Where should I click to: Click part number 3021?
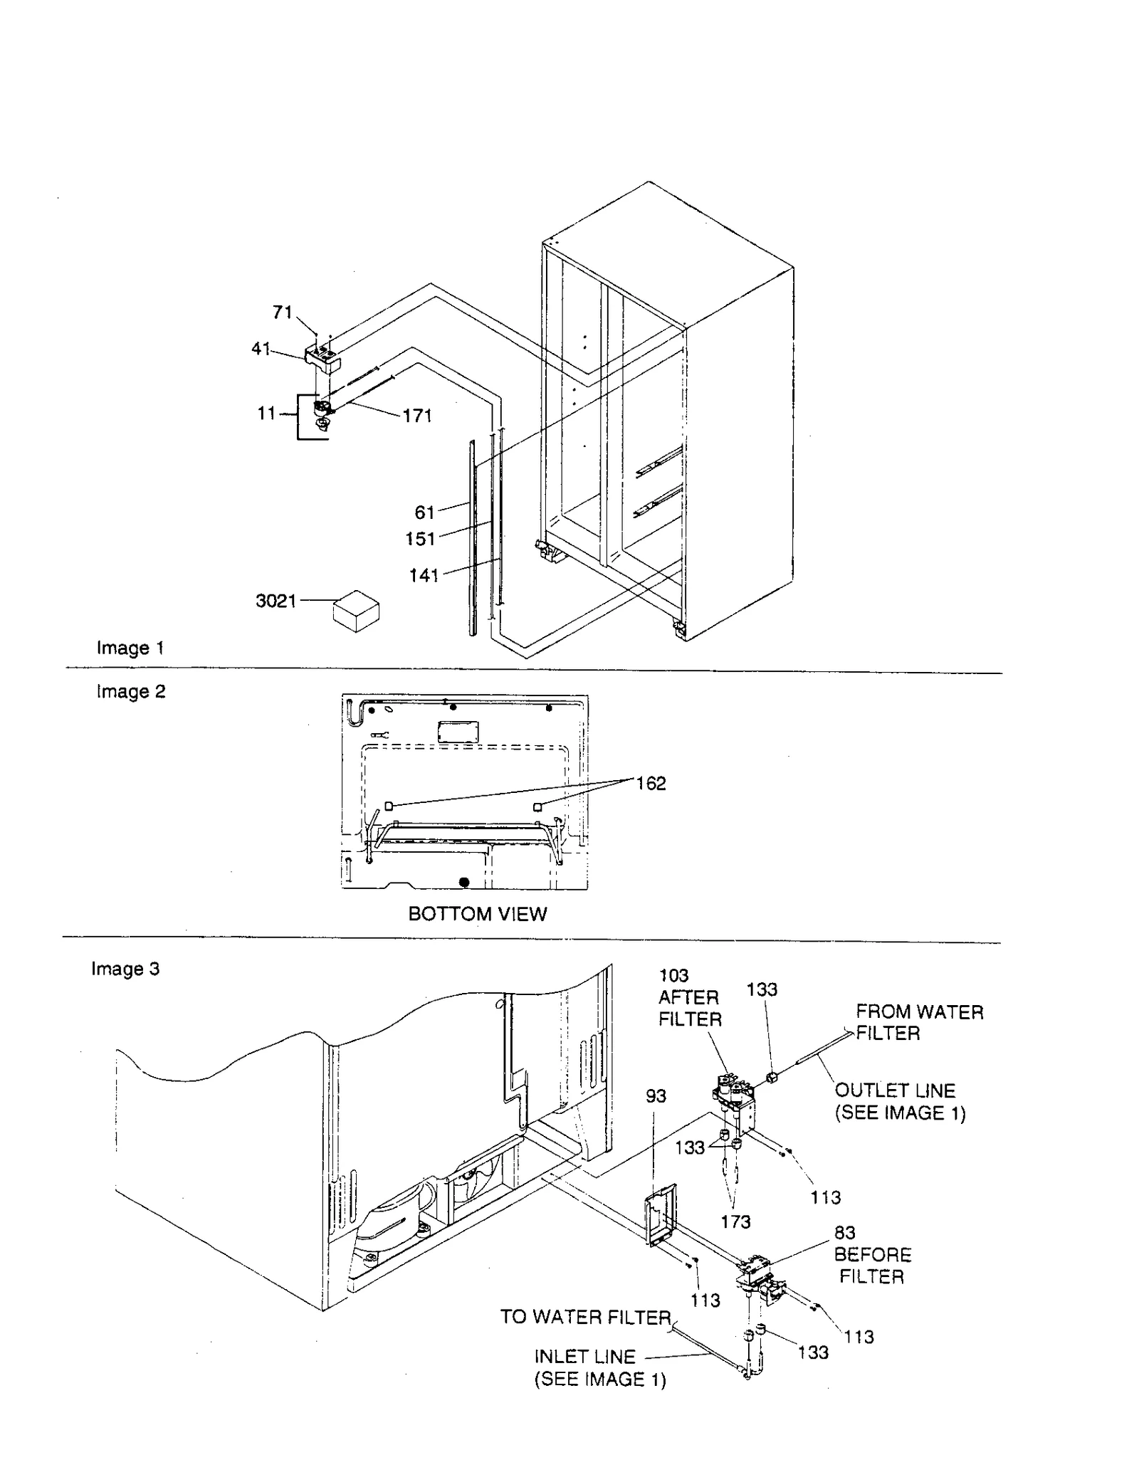(x=275, y=601)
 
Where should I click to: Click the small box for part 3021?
(x=356, y=611)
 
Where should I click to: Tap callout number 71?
(x=283, y=312)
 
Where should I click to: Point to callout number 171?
(x=417, y=416)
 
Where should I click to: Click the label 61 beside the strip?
(x=424, y=513)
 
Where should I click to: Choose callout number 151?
(x=420, y=539)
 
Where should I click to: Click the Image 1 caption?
(x=130, y=648)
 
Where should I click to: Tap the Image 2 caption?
(x=131, y=691)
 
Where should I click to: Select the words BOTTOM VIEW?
(x=478, y=914)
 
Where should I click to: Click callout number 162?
(x=651, y=784)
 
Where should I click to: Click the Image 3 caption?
(x=125, y=969)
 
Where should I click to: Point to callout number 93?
(x=656, y=1096)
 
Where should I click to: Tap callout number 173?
(x=735, y=1222)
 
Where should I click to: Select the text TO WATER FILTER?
(x=585, y=1318)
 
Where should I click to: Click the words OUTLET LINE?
(x=895, y=1090)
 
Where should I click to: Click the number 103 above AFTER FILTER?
(x=673, y=976)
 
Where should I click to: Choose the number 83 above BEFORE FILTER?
(x=844, y=1233)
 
